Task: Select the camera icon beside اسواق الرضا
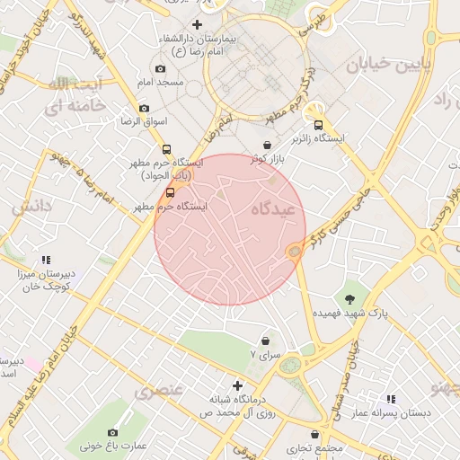coord(145,109)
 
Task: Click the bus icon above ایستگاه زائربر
coord(317,124)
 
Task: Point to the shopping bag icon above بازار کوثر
coord(267,145)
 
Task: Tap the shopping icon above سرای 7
coord(265,341)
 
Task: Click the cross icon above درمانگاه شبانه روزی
coord(237,385)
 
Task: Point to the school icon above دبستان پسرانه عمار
coord(391,398)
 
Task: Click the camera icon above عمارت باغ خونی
coord(113,430)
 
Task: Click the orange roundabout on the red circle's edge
coord(294,252)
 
